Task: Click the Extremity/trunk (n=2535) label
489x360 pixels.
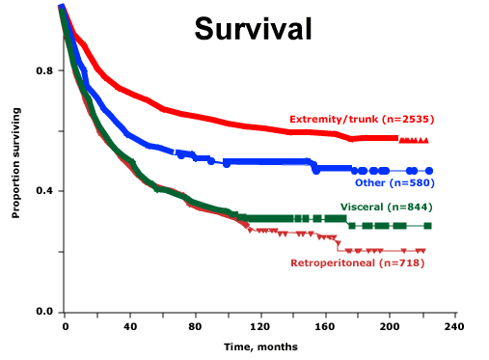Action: (x=362, y=120)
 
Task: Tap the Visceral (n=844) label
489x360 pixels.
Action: (x=386, y=208)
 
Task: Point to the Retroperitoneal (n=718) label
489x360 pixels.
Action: (x=358, y=263)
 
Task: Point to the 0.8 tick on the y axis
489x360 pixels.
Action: (x=43, y=70)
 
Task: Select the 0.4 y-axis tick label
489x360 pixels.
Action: (x=43, y=191)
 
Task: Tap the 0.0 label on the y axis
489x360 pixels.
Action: (x=43, y=312)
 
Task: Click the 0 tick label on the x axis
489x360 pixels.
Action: (x=65, y=327)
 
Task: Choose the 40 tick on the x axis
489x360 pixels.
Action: (x=130, y=327)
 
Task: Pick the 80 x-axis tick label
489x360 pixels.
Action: (x=196, y=327)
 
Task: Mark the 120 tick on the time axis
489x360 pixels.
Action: (x=261, y=327)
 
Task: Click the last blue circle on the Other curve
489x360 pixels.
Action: (x=429, y=171)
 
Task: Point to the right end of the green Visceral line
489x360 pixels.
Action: (x=429, y=226)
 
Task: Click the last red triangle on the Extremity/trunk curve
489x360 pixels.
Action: (x=426, y=141)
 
